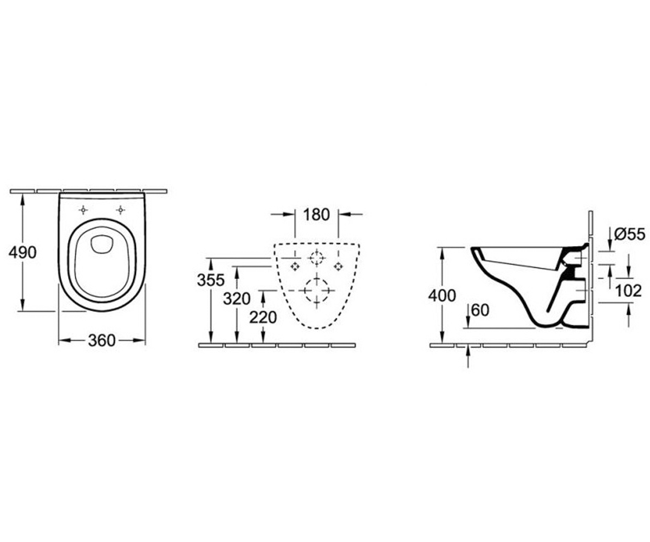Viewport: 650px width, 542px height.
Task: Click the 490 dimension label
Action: (22, 253)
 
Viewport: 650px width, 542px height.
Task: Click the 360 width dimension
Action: (102, 340)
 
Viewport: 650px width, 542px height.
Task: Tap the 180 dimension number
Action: (316, 215)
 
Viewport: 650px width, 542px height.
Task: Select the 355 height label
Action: (211, 280)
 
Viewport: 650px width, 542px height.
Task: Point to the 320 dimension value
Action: (237, 299)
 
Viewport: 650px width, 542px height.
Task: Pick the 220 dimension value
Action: (263, 318)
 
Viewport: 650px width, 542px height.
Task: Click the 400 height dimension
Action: (442, 295)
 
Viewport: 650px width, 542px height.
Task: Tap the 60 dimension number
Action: (480, 310)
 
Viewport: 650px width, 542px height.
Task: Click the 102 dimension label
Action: (629, 291)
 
